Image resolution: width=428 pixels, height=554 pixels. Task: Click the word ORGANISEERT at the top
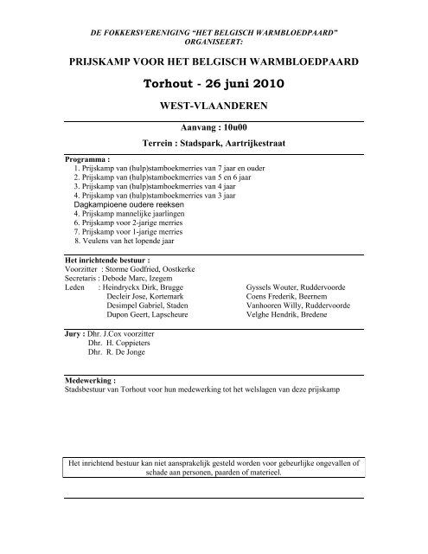coord(214,40)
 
